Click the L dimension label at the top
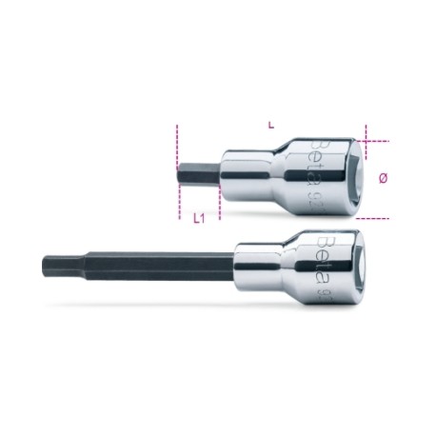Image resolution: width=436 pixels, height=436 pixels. coord(272,125)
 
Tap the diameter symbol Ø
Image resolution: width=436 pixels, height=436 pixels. coord(383,179)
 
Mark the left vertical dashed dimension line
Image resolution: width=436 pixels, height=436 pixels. coord(177,171)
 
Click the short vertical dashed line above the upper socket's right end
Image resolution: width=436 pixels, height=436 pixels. coord(361,130)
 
